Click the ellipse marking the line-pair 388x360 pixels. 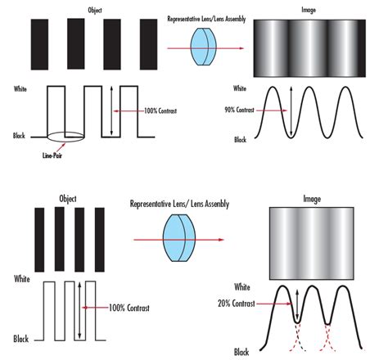tap(65, 136)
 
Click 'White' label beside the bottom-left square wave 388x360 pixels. tap(25, 279)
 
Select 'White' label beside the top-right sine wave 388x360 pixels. tap(240, 88)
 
